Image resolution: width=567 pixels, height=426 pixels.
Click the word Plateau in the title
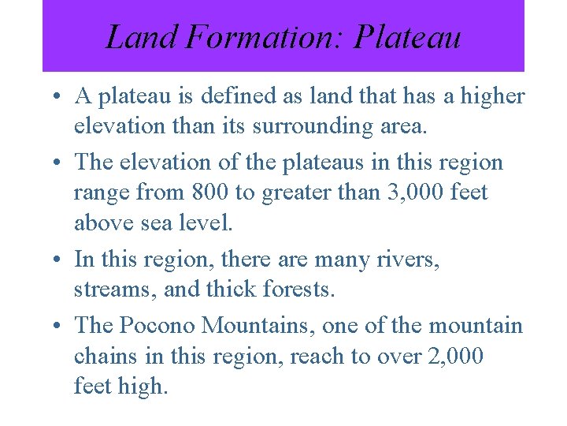pyautogui.click(x=407, y=37)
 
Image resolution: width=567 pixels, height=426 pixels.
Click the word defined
pyautogui.click(x=235, y=97)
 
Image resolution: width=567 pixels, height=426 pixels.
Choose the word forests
pyautogui.click(x=295, y=290)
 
